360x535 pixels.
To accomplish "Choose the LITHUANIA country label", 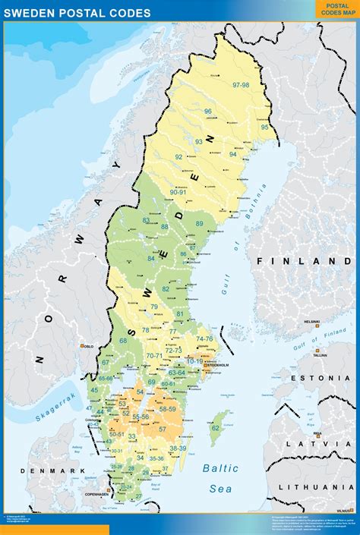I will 318,486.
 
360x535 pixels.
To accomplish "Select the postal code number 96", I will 208,112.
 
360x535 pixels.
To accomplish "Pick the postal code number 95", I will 265,127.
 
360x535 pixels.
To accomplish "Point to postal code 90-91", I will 178,193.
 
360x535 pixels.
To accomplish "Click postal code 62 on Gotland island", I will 216,428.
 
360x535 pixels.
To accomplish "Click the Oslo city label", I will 88,346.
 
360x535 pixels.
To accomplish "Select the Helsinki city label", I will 311,322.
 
